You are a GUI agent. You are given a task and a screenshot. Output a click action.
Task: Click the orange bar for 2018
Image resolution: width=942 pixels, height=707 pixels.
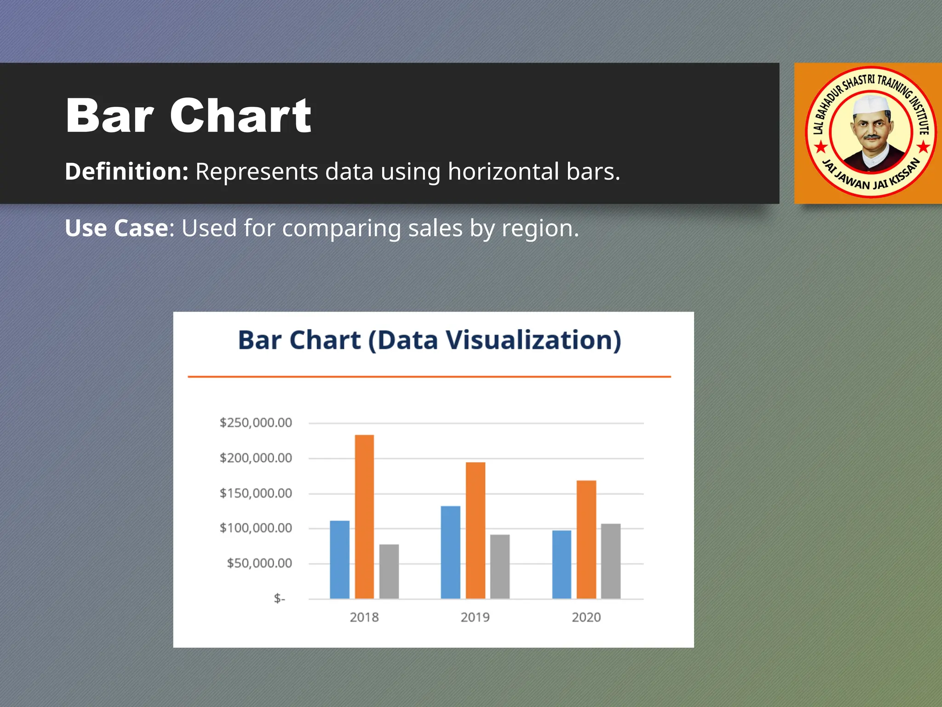click(x=364, y=516)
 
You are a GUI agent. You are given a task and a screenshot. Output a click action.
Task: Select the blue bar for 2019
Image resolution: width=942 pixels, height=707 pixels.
click(x=450, y=552)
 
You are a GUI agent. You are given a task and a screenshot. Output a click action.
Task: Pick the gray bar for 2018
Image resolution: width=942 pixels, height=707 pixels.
click(x=389, y=571)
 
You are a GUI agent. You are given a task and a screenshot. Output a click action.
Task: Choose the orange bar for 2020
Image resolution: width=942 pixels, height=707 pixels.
click(x=586, y=539)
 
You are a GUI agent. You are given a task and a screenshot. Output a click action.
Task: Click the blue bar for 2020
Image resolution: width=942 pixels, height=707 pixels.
click(x=562, y=564)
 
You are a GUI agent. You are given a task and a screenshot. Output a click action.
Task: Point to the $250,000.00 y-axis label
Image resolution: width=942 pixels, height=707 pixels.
click(x=256, y=423)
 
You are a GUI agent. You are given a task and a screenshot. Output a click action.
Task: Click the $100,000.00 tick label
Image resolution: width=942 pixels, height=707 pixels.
click(x=256, y=528)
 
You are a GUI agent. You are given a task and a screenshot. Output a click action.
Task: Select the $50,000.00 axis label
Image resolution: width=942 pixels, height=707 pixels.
click(x=259, y=563)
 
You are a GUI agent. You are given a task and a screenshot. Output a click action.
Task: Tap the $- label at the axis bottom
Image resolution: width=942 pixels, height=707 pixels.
click(x=279, y=598)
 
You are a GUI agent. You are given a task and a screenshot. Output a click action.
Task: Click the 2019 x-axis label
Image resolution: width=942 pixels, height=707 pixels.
click(x=475, y=617)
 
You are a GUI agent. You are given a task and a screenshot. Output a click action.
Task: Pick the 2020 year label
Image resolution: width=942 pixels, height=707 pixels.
click(x=586, y=617)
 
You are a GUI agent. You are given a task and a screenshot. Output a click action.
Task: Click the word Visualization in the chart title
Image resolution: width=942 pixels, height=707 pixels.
click(x=534, y=341)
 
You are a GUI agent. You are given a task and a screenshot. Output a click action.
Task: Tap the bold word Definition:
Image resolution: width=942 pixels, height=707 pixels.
click(x=126, y=172)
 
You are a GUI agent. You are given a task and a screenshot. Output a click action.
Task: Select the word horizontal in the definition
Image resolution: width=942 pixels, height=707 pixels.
click(x=503, y=172)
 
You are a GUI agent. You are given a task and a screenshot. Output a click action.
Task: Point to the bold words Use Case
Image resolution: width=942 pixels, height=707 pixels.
click(x=117, y=228)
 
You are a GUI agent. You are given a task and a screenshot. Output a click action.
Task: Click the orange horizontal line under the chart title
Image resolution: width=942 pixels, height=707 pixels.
click(x=429, y=377)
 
